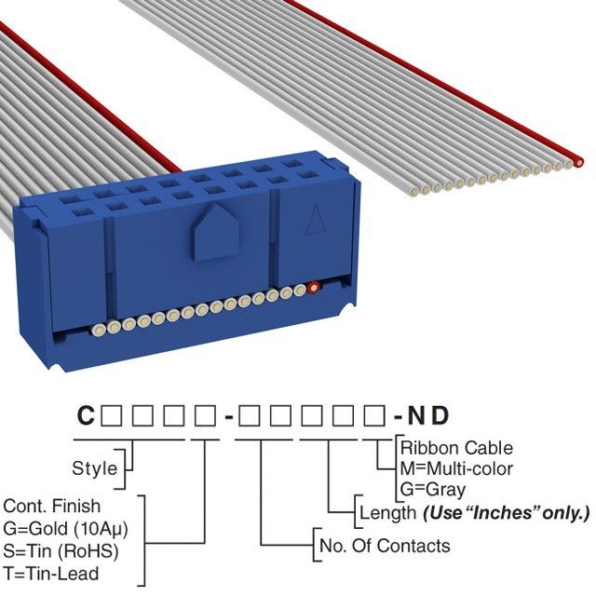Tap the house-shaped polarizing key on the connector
[216, 232]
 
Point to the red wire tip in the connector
[315, 288]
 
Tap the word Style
[94, 468]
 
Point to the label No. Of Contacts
[384, 546]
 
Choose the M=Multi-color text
[454, 468]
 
